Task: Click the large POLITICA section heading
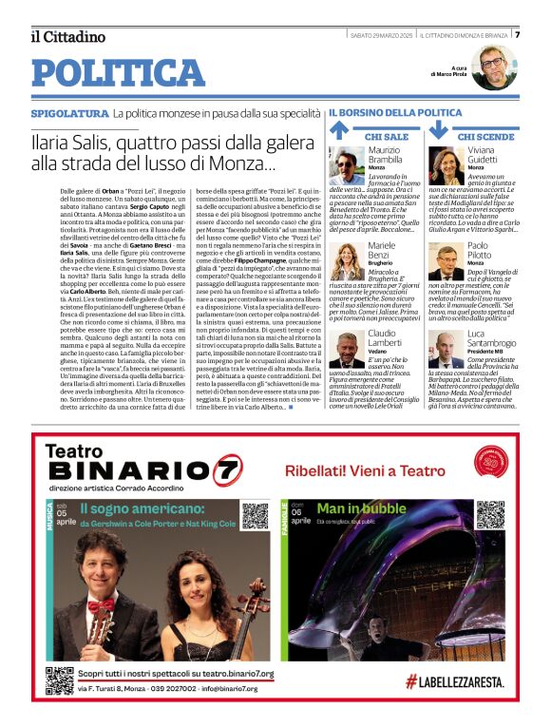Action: (118, 73)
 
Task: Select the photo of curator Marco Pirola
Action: (494, 67)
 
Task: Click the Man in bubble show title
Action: (362, 508)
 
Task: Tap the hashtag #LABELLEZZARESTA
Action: (461, 680)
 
